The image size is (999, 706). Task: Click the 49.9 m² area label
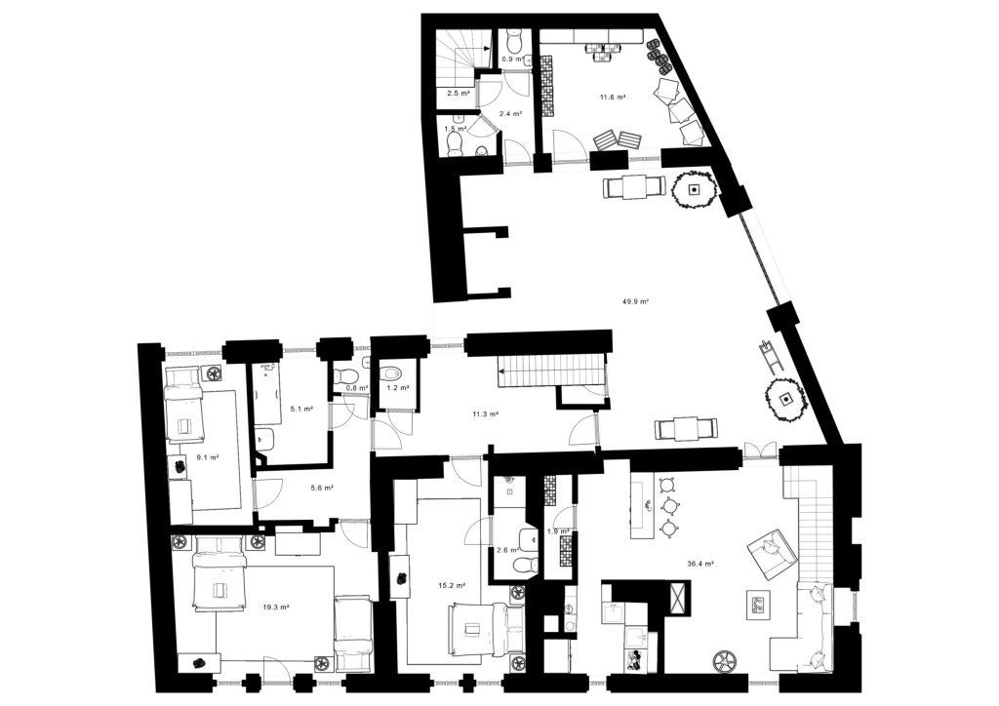635,301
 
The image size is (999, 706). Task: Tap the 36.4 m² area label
700,564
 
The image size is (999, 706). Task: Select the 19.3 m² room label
276,608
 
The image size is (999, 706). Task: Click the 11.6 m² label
612,98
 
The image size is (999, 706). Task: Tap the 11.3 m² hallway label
485,413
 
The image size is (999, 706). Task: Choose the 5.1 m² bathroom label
301,409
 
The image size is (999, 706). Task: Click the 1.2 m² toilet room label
397,387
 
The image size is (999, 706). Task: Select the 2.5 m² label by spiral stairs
459,93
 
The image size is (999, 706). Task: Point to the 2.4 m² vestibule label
510,114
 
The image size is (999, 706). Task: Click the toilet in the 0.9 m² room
512,41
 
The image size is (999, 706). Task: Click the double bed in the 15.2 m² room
486,630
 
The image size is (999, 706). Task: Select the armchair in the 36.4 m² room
772,553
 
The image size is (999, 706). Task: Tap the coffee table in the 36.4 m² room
758,605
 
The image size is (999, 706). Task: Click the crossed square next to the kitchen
676,599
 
